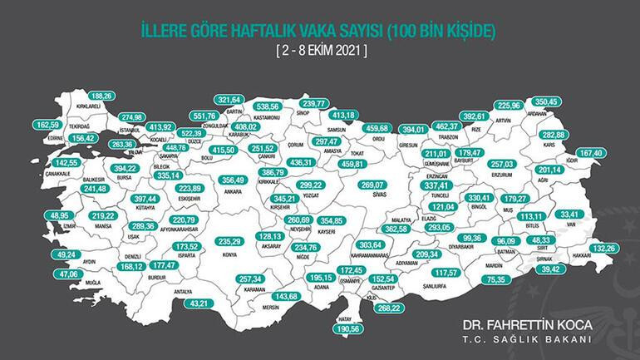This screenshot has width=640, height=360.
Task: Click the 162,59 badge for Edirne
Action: [x=49, y=124]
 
